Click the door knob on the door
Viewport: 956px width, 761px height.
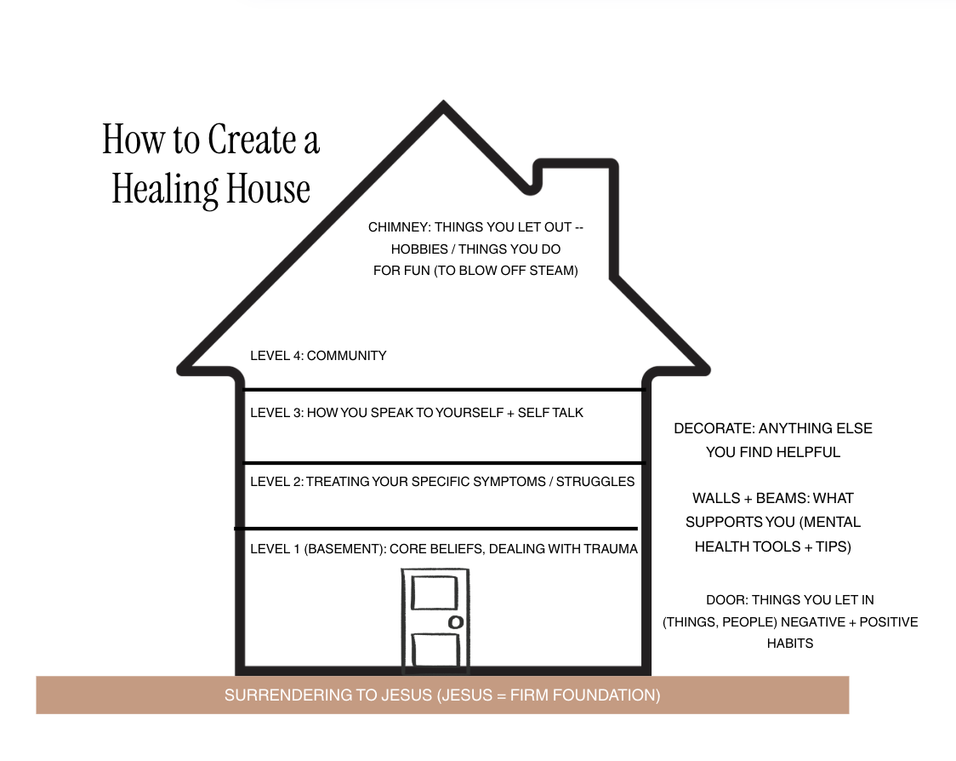[x=455, y=622]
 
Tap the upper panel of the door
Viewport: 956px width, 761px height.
[x=434, y=592]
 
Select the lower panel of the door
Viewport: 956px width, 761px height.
[x=434, y=649]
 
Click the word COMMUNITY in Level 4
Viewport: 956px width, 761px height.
[x=346, y=356]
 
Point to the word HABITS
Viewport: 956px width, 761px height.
[x=789, y=644]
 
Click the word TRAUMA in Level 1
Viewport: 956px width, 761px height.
[x=610, y=549]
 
